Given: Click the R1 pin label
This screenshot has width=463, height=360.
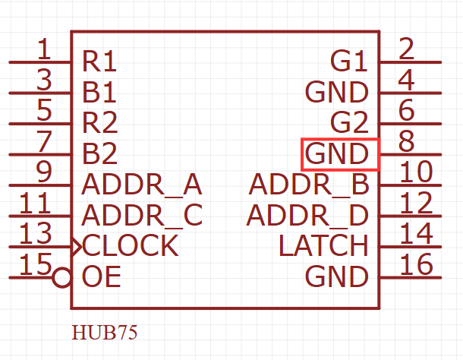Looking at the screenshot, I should point(99,61).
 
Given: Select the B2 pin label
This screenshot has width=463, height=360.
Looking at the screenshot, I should point(99,153).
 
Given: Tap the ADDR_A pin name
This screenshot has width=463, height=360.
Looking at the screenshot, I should point(141,185).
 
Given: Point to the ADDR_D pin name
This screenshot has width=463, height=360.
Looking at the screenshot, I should point(307,216).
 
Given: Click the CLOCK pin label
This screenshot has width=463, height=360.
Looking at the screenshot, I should point(131,246).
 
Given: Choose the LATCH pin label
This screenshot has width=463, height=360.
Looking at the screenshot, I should point(323,246).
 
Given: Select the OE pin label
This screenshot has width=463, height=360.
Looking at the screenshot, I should point(101,277).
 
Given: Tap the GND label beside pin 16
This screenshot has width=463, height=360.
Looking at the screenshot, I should point(336,277).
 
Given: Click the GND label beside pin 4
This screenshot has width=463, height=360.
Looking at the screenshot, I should point(336,92).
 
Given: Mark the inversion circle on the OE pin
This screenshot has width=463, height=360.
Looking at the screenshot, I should point(62,277).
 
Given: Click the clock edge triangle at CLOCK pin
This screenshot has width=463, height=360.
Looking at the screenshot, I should point(76,246).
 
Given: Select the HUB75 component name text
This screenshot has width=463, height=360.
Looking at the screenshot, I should point(105,333).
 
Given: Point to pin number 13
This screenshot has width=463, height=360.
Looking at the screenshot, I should point(35,233).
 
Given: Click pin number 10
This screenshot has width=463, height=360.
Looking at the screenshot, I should point(415,172).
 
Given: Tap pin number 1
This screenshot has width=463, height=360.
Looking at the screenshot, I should point(44,49).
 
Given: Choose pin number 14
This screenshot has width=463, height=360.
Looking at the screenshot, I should point(415,233).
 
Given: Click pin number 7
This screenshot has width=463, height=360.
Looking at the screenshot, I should point(44,141).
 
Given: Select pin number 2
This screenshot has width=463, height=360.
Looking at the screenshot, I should point(406,49).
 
